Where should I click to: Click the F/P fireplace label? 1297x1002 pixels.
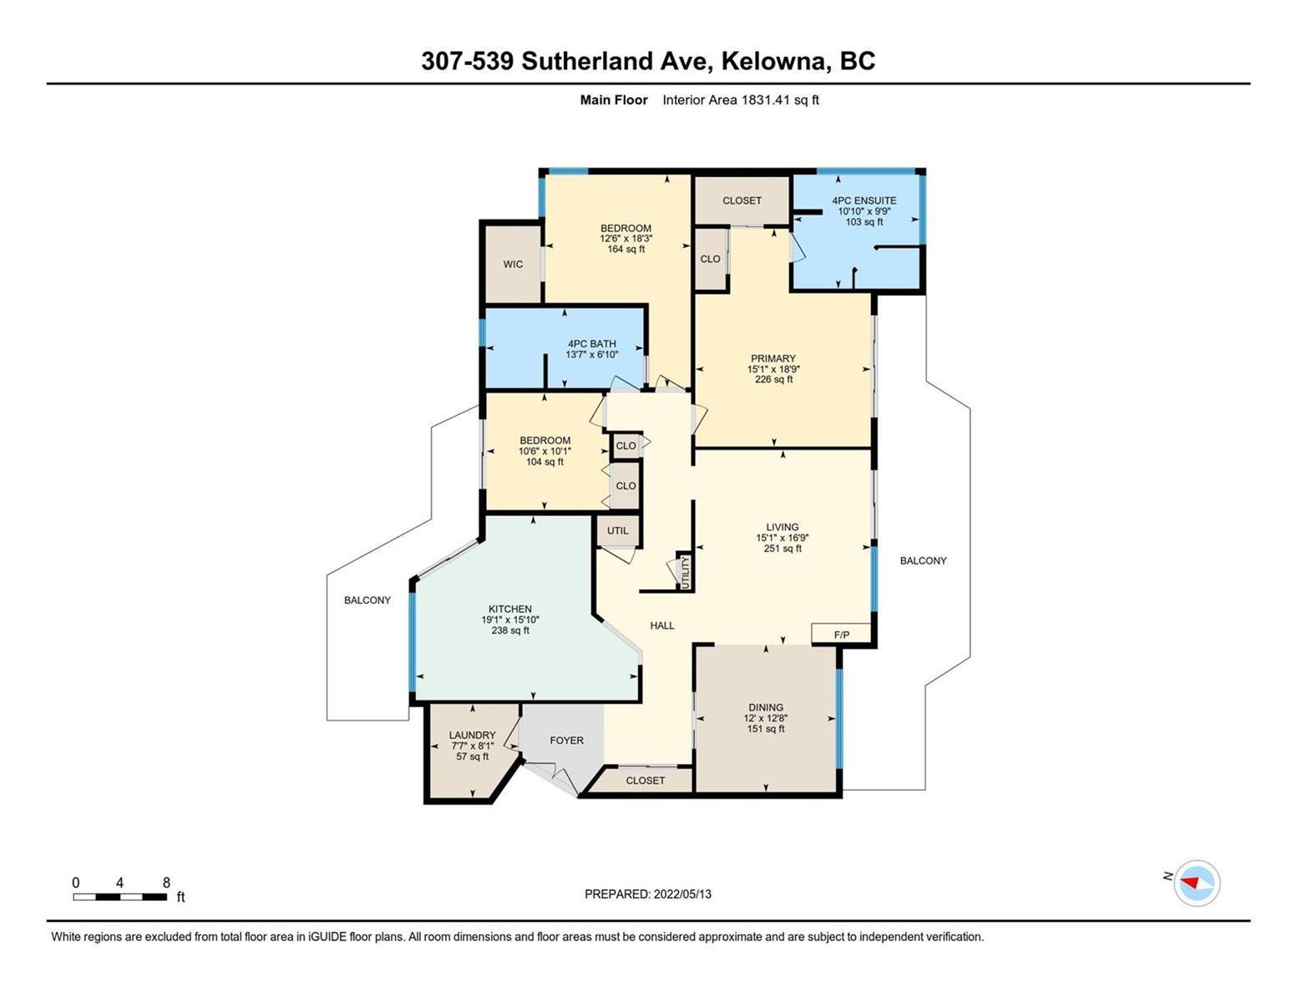841,635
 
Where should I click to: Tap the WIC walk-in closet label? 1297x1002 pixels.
513,264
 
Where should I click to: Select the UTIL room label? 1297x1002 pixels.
617,530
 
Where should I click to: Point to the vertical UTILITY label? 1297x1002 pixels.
685,572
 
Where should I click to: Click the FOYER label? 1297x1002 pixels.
566,740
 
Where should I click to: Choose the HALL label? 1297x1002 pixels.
662,625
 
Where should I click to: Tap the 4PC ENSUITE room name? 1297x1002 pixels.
864,200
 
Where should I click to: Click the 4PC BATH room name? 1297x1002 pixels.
591,344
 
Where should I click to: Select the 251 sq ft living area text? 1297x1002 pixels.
783,549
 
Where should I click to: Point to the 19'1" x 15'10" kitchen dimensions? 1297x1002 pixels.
510,620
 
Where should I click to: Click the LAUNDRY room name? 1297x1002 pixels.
472,736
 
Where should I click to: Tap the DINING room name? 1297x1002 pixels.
766,707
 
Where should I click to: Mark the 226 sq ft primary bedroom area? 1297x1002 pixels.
773,380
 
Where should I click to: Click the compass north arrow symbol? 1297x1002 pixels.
1189,882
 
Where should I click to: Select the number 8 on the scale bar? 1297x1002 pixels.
166,882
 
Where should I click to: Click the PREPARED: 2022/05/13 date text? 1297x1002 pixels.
648,894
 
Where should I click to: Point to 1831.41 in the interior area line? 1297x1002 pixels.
766,99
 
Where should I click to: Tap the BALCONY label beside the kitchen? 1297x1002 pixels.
367,600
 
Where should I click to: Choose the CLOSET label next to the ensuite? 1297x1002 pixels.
742,200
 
